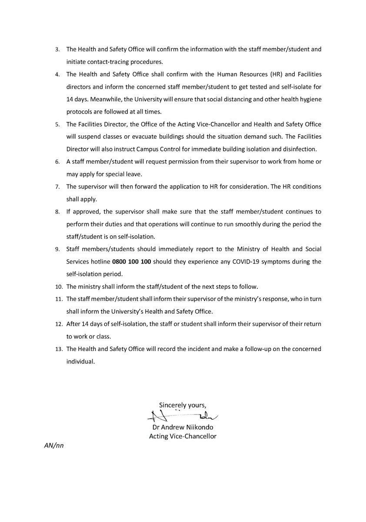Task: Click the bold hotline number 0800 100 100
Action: [131, 262]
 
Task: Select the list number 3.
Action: [57, 49]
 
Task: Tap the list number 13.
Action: [57, 349]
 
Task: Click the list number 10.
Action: [57, 287]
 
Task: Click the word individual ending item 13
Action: [80, 361]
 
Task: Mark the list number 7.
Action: [57, 187]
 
